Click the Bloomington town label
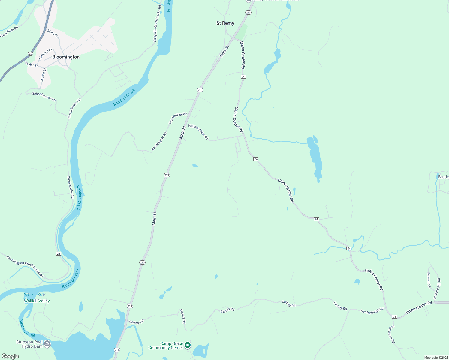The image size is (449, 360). coord(66,57)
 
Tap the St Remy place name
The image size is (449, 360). coord(225,23)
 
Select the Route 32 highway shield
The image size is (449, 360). coord(30,53)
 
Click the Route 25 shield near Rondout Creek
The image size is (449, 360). coord(59,254)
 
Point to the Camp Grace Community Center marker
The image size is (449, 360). coord(188,345)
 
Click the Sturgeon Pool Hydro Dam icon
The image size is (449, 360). coord(47,344)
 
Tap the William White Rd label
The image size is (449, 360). coord(198,132)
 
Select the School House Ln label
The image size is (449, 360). coord(44,97)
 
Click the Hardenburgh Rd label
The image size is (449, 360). coord(372,311)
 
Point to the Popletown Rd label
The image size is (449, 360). coord(391,334)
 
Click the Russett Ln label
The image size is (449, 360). coord(429,280)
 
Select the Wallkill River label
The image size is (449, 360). coord(35,294)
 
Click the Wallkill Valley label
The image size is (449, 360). coord(37,301)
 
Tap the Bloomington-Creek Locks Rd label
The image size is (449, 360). coord(25,266)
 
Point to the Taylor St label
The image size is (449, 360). coord(31,64)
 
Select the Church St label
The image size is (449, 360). coord(43,75)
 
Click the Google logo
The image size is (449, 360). coord(10,356)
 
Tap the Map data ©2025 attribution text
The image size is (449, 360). coord(436,358)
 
